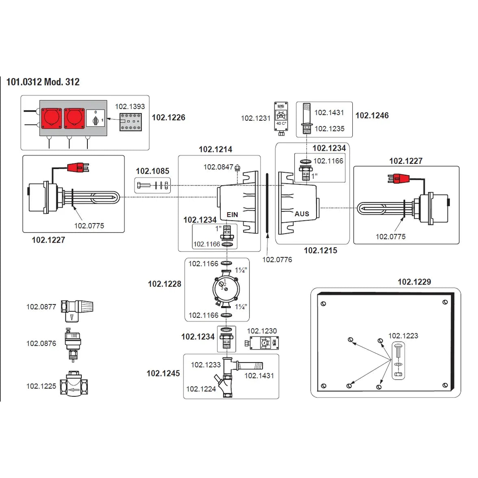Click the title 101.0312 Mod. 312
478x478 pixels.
point(43,82)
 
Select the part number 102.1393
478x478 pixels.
point(130,106)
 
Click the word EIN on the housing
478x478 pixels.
point(232,215)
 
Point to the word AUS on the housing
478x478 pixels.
point(302,214)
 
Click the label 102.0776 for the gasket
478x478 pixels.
point(277,260)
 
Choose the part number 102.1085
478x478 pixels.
point(152,171)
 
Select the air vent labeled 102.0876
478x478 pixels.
point(72,343)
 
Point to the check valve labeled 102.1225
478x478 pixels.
point(76,385)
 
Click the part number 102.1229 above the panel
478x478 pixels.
point(414,282)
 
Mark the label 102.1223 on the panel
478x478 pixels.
point(403,336)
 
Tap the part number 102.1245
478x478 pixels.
point(163,373)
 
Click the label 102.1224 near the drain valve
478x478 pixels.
point(201,389)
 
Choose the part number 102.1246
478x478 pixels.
point(372,115)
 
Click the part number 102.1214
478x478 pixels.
point(215,149)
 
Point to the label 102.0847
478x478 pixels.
point(218,167)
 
